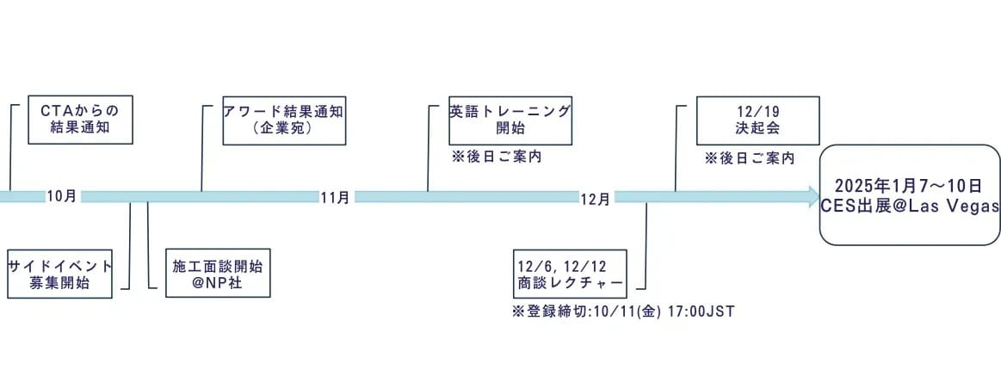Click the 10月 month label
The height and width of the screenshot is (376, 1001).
click(x=61, y=196)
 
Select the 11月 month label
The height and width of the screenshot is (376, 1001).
click(x=335, y=197)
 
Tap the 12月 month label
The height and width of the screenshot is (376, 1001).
click(x=595, y=199)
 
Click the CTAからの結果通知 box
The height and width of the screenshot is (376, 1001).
click(x=80, y=120)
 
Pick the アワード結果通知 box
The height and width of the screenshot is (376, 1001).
click(x=284, y=120)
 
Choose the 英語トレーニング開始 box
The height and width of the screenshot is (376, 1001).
click(x=510, y=120)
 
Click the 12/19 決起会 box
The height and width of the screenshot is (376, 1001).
click(x=757, y=120)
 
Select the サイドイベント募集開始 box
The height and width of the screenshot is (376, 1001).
click(x=60, y=274)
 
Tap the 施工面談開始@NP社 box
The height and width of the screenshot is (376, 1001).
click(x=218, y=274)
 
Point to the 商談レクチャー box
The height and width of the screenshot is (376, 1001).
click(x=570, y=274)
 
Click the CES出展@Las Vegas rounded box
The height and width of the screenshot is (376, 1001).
click(x=910, y=194)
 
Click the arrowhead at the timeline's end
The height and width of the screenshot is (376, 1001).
click(x=814, y=197)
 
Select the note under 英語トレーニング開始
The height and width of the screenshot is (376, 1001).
click(x=497, y=157)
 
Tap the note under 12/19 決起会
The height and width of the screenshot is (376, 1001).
click(x=750, y=159)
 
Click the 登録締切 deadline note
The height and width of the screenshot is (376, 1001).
click(x=624, y=312)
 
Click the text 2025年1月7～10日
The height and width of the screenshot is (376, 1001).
click(x=907, y=186)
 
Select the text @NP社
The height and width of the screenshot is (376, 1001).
click(x=218, y=283)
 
